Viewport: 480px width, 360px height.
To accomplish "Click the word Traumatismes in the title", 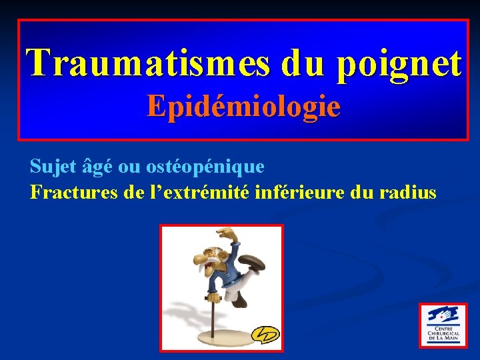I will pos(148,63).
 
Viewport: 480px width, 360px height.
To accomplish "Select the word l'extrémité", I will pos(198,193).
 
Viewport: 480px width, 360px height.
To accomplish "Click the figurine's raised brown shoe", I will pos(252,261).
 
